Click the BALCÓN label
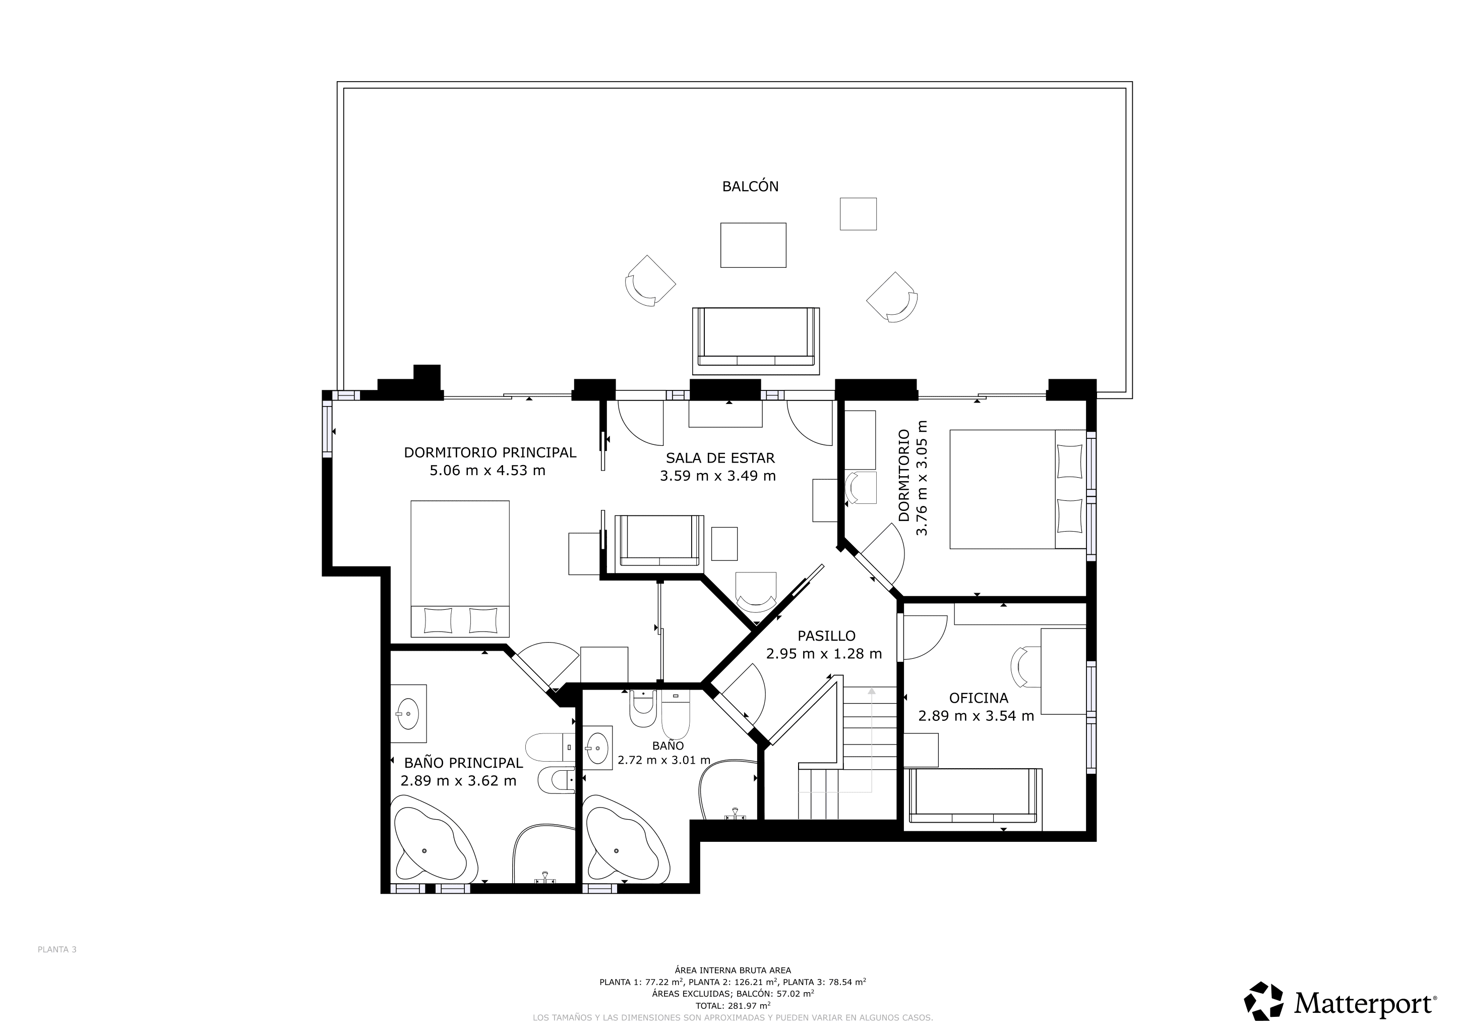pos(750,186)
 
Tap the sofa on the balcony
pos(755,341)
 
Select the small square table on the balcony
pos(858,214)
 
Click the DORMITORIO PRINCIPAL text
pos(490,452)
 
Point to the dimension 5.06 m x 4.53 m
pos(487,471)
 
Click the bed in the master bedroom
pos(460,568)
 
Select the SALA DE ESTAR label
pos(720,458)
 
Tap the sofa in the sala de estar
pos(659,541)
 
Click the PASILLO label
pos(826,636)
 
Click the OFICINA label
pos(978,698)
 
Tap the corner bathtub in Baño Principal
pos(434,844)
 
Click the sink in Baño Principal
pos(408,713)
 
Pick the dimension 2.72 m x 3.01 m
pos(663,760)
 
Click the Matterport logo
pos(1340,1004)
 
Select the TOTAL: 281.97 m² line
pos(733,1006)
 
